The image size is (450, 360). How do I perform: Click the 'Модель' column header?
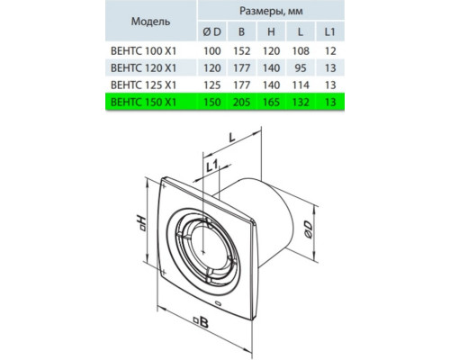point(150,22)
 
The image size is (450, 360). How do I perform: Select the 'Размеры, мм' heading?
point(271,11)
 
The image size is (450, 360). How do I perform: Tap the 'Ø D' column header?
point(211,31)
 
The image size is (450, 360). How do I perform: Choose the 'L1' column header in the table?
point(329,31)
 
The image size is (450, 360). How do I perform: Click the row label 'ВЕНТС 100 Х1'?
point(143,51)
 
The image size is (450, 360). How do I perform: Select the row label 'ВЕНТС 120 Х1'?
point(143,68)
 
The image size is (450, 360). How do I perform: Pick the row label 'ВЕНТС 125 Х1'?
point(143,85)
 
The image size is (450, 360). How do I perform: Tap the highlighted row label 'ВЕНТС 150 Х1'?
point(143,103)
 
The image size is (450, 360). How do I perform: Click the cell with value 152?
point(241,51)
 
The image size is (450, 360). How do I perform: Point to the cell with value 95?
point(301,68)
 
